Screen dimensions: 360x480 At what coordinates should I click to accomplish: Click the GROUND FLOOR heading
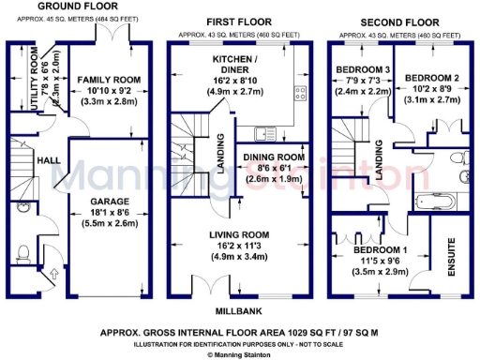pos(69,7)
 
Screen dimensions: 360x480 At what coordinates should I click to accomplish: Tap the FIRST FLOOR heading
pos(239,20)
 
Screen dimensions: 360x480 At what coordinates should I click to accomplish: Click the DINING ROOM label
pos(273,157)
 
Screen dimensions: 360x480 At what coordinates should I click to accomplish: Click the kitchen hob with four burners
pos(301,92)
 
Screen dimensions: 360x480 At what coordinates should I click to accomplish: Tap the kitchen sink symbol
pos(272,130)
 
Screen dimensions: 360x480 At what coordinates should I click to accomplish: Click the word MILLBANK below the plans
pos(241,308)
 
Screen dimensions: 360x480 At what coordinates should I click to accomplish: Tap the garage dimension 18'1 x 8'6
pos(109,213)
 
